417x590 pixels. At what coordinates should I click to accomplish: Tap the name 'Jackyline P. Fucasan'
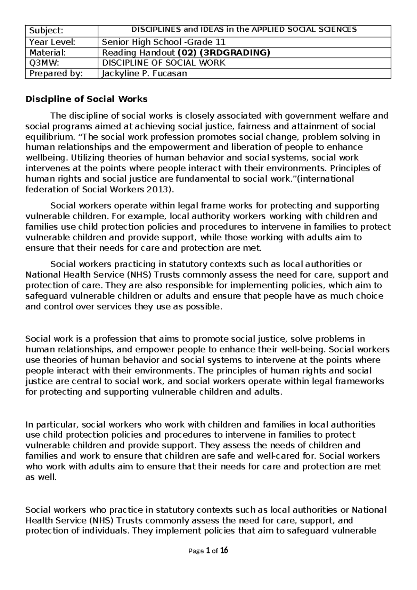coord(144,73)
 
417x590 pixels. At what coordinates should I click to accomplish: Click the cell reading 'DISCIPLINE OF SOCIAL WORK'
coord(163,63)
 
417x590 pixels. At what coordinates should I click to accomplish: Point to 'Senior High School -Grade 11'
coord(164,42)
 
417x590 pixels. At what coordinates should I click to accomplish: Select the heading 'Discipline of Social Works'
coord(87,99)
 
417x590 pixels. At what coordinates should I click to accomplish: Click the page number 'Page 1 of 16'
coord(208,551)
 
